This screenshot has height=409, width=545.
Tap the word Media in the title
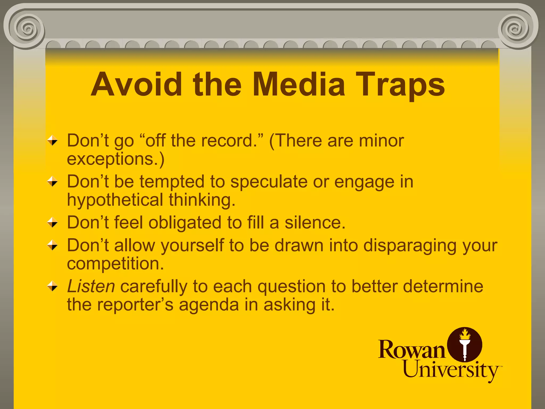coord(299,85)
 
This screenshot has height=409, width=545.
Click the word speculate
coord(269,182)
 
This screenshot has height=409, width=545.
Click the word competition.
coord(115,264)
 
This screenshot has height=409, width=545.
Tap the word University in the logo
coord(451,370)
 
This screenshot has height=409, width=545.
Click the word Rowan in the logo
coord(411,349)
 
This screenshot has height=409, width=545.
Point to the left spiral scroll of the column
coord(27,28)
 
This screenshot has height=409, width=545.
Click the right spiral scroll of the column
coord(516,28)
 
